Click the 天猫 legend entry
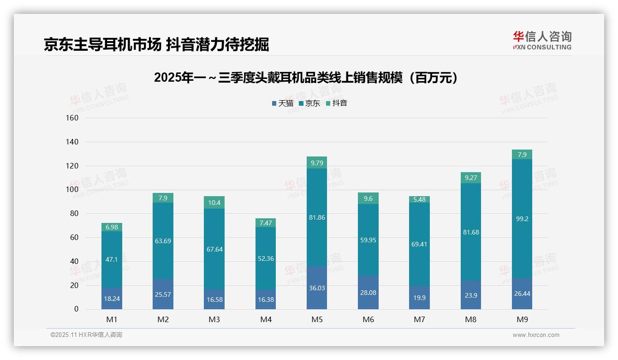click(283, 103)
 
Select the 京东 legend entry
click(309, 103)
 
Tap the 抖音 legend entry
click(337, 103)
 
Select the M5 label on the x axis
click(317, 319)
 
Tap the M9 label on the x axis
click(522, 319)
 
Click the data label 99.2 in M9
click(522, 219)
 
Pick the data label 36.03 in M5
click(317, 288)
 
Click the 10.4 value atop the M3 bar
click(214, 203)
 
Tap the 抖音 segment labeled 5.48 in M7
click(419, 199)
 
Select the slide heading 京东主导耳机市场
click(156, 45)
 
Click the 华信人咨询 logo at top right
click(542, 40)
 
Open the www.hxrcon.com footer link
click(535, 335)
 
